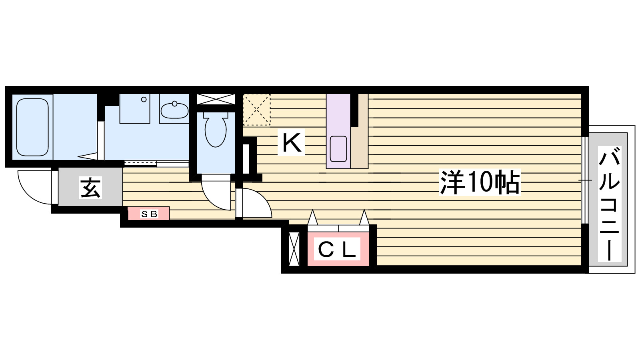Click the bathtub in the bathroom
[x=32, y=127]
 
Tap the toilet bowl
[x=215, y=130]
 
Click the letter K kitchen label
[x=292, y=142]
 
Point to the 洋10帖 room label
[x=480, y=182]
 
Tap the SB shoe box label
[x=149, y=214]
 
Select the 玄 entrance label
[x=91, y=187]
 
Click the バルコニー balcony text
[x=609, y=204]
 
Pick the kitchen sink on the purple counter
[x=338, y=149]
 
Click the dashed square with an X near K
[x=257, y=109]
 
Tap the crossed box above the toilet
[x=216, y=99]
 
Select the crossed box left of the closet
[x=294, y=249]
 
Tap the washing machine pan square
[x=135, y=109]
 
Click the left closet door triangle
[x=312, y=218]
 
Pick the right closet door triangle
[x=364, y=218]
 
